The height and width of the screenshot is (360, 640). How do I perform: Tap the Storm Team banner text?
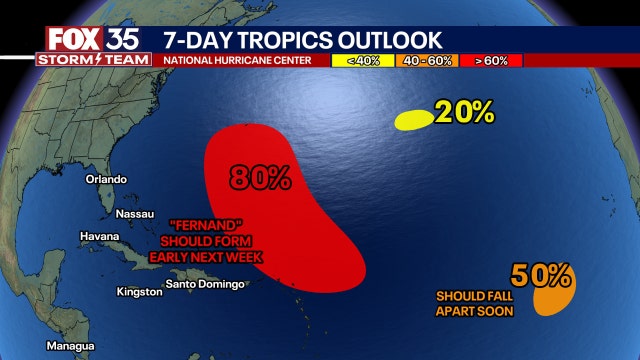pyautogui.click(x=93, y=59)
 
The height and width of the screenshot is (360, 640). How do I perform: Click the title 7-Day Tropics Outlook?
pyautogui.click(x=301, y=39)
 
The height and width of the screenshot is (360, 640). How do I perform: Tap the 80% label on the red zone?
pyautogui.click(x=259, y=178)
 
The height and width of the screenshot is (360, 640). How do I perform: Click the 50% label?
pyautogui.click(x=541, y=273)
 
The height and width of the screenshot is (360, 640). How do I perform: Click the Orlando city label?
pyautogui.click(x=106, y=179)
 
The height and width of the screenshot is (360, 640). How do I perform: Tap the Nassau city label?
pyautogui.click(x=135, y=214)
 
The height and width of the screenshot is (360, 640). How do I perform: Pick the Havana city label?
pyautogui.click(x=100, y=236)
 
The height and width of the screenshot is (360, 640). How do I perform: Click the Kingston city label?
pyautogui.click(x=139, y=292)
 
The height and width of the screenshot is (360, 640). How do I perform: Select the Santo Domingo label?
pyautogui.click(x=204, y=285)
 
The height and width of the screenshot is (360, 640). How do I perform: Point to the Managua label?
pyautogui.click(x=71, y=346)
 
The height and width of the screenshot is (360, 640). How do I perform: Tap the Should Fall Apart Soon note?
pyautogui.click(x=474, y=303)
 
